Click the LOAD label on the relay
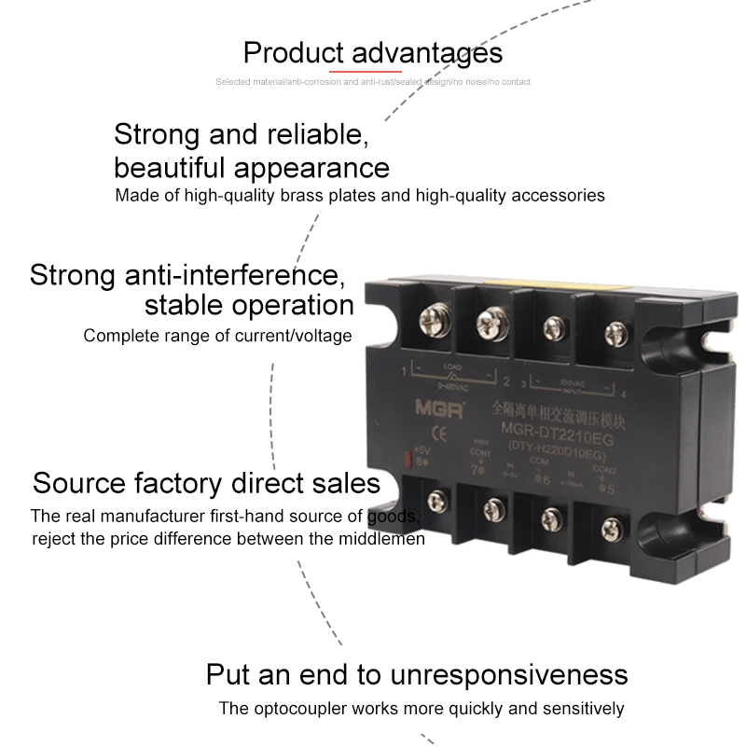click(454, 366)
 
